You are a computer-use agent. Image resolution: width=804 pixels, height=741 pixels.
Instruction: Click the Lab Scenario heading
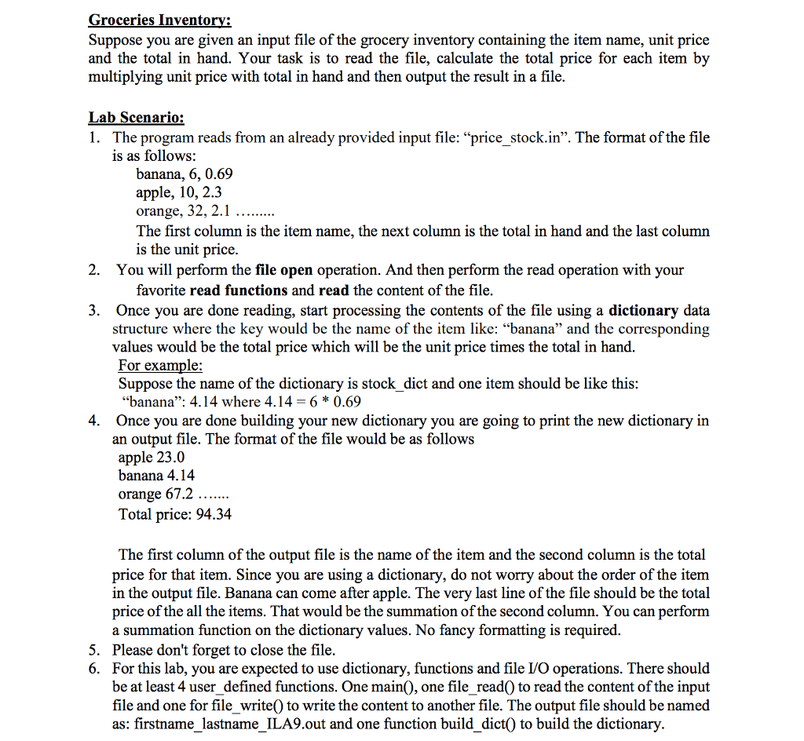click(136, 118)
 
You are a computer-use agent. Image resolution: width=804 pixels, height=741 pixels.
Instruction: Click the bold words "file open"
click(284, 270)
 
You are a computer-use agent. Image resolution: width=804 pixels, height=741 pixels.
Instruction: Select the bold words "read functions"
click(239, 290)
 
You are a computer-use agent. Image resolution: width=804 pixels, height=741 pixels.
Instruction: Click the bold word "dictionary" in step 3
click(643, 310)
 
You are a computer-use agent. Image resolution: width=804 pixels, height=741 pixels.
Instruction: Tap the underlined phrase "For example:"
click(160, 365)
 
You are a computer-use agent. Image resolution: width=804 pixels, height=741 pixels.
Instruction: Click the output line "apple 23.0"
click(152, 457)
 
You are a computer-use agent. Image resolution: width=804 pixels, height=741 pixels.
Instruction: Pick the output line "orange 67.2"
click(155, 495)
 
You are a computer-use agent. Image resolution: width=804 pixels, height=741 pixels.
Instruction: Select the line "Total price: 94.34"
click(174, 514)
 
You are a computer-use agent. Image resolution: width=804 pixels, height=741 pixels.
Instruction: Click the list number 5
click(93, 650)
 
